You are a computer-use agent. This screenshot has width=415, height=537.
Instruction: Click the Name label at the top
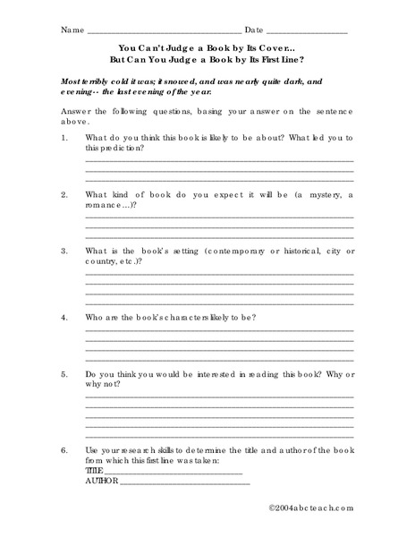[x=71, y=30]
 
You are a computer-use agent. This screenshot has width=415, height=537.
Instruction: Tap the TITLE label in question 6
[x=94, y=470]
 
